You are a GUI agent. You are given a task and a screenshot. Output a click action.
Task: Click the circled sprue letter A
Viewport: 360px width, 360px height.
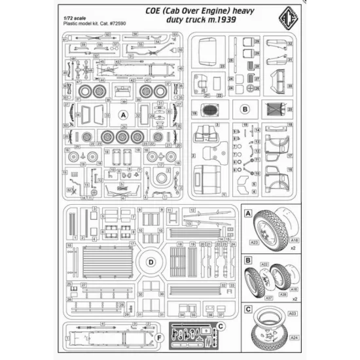pos(122,114)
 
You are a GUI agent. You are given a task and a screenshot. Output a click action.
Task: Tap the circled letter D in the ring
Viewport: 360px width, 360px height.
pos(151,262)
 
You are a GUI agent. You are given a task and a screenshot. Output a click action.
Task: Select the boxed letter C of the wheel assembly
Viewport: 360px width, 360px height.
pos(248,308)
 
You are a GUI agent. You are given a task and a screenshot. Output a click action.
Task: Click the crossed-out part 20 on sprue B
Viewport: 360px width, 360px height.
pos(273,109)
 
